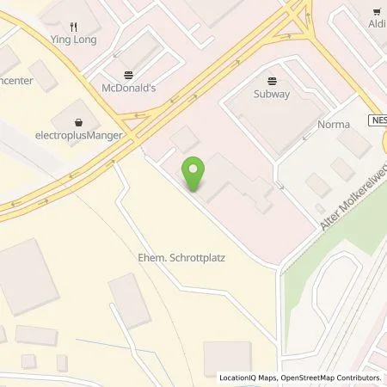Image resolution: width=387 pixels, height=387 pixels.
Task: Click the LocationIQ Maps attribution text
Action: tap(250, 378)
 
